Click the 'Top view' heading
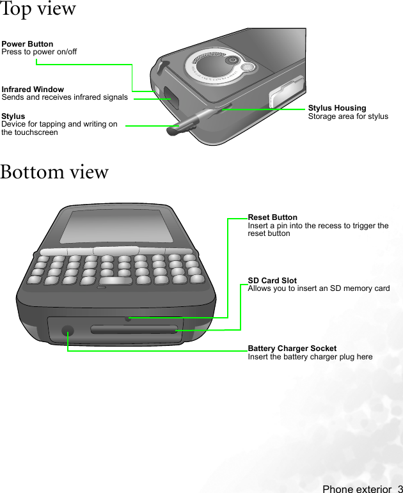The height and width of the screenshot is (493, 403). pyautogui.click(x=38, y=9)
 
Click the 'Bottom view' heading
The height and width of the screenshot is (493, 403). pyautogui.click(x=55, y=172)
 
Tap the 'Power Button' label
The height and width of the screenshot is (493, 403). pyautogui.click(x=28, y=44)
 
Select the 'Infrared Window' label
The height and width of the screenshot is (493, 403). pyautogui.click(x=33, y=90)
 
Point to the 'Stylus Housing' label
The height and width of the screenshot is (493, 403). pyautogui.click(x=337, y=108)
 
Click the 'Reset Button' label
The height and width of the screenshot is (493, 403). pyautogui.click(x=273, y=217)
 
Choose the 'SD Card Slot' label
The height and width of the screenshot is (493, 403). pyautogui.click(x=273, y=281)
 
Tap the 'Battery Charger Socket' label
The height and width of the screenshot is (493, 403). pyautogui.click(x=292, y=348)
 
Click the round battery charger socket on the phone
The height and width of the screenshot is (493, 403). pyautogui.click(x=67, y=331)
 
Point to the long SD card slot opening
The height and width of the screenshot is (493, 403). pyautogui.click(x=133, y=330)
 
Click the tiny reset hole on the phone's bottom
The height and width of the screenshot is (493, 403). pyautogui.click(x=128, y=318)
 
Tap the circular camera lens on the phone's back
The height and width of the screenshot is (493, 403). pyautogui.click(x=230, y=61)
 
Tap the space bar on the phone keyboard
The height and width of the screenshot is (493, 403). pyautogui.click(x=116, y=281)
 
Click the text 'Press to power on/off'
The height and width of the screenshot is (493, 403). pyautogui.click(x=39, y=52)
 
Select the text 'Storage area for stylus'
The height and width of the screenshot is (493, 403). pyautogui.click(x=348, y=116)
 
